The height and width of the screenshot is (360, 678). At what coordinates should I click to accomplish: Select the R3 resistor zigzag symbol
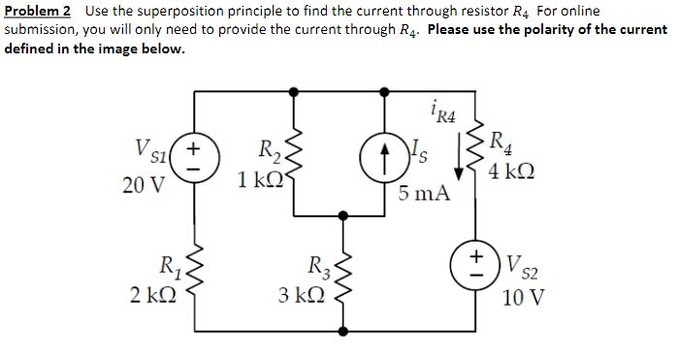coord(339,274)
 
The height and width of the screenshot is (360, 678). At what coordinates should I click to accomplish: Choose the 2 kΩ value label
coord(150,294)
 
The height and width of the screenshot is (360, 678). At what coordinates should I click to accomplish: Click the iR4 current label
coord(441,115)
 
